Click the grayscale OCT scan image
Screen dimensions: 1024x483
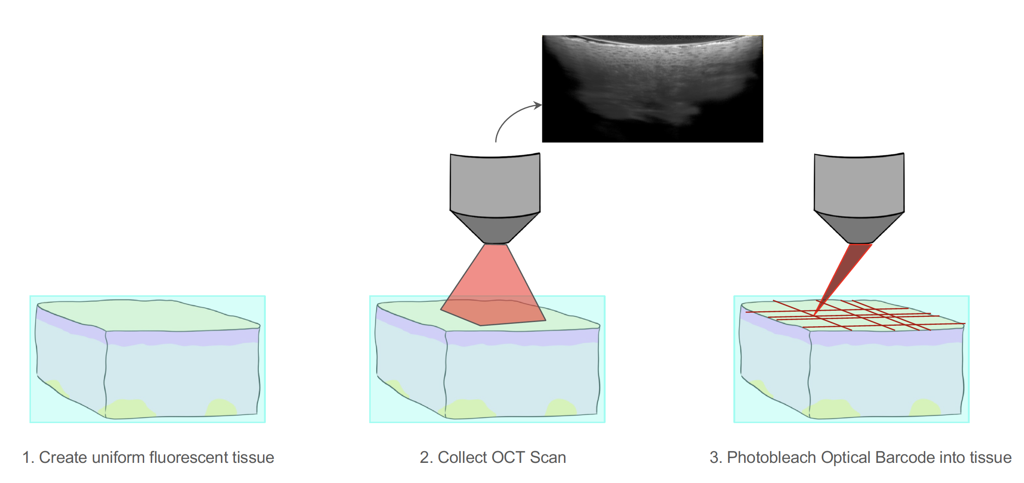tap(652, 88)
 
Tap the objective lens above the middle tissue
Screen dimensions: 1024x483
tap(495, 198)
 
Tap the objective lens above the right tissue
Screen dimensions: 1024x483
tap(859, 198)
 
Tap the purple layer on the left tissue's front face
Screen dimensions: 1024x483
tap(183, 337)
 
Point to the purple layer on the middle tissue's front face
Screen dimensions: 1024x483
tap(522, 337)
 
